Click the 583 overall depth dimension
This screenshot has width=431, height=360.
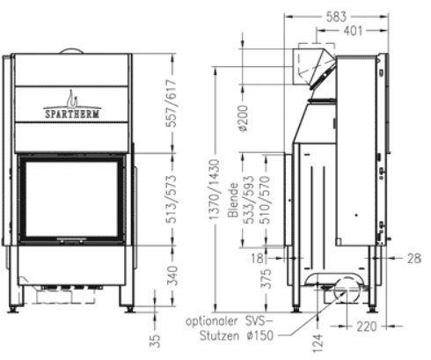[335, 15]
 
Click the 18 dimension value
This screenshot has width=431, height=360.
[256, 258]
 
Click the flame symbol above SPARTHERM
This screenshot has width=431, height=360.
[71, 95]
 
